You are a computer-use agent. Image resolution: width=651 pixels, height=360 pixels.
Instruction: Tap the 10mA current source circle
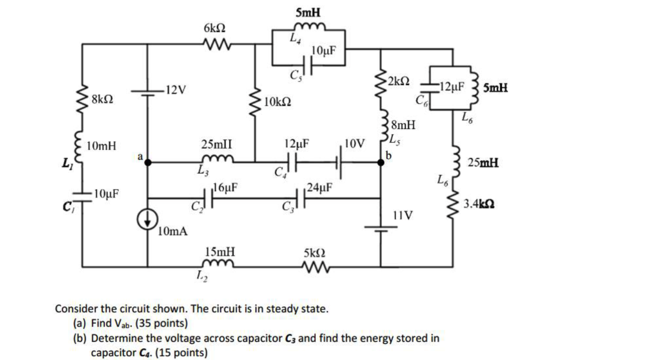coord(147,220)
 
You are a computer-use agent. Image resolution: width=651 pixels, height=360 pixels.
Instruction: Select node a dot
coord(148,162)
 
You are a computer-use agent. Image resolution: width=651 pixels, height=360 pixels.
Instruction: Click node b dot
coord(381,162)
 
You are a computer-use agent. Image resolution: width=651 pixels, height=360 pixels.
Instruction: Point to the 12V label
coord(176,90)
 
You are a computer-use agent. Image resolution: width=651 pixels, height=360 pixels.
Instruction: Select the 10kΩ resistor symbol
coord(255,101)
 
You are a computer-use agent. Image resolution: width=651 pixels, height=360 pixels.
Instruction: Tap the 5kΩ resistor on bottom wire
coord(316,267)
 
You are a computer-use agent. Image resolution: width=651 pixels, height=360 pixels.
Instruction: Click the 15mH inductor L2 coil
coord(218,264)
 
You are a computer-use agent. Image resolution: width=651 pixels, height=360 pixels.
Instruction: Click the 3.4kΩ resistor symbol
coord(453,204)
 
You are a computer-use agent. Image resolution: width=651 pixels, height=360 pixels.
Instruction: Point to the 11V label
coord(403,216)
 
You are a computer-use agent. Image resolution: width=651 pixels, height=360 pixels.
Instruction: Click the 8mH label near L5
coord(403,125)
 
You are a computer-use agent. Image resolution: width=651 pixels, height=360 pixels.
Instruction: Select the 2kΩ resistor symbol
coord(381,85)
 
